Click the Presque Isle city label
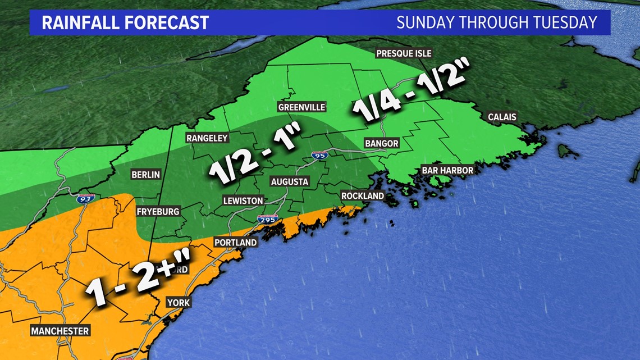(x=403, y=53)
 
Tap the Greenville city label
(x=301, y=107)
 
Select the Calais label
(x=502, y=117)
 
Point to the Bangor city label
(x=381, y=143)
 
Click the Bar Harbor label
(x=447, y=170)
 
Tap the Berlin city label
(x=145, y=175)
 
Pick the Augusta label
(x=289, y=182)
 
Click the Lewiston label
(x=243, y=200)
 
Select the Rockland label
(x=363, y=195)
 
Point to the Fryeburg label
(x=158, y=212)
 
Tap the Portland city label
(x=235, y=243)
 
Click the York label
(x=179, y=303)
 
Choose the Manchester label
(x=60, y=331)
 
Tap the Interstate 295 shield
(x=268, y=221)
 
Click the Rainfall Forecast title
(x=125, y=22)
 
